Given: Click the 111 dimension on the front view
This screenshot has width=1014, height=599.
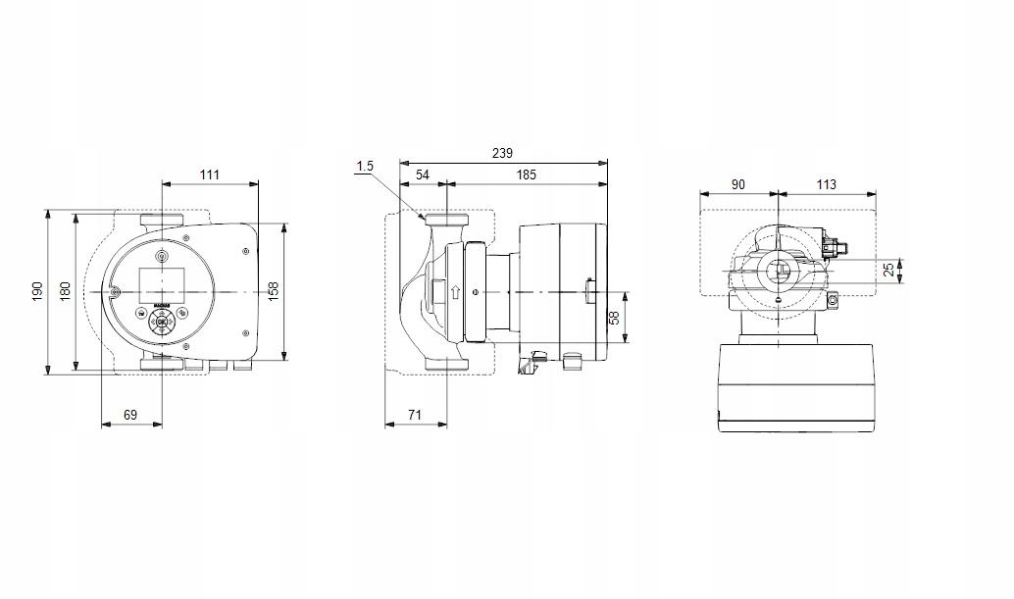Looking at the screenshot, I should pyautogui.click(x=210, y=175).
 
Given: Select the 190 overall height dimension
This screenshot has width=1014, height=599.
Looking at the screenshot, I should pyautogui.click(x=37, y=290).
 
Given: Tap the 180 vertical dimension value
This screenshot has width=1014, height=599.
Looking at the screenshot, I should pyautogui.click(x=66, y=290).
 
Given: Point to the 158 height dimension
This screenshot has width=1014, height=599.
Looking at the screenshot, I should pyautogui.click(x=274, y=290).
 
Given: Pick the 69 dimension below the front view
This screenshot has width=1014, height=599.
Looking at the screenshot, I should pyautogui.click(x=130, y=415).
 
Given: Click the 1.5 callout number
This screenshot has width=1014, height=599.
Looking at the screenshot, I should pyautogui.click(x=365, y=167).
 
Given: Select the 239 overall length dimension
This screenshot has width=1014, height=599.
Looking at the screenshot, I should pyautogui.click(x=501, y=153).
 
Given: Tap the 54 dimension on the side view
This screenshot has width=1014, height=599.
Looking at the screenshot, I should pyautogui.click(x=423, y=175).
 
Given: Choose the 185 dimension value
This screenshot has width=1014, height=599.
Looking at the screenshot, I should pyautogui.click(x=526, y=175).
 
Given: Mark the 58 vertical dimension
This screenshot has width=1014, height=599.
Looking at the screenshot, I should pyautogui.click(x=615, y=319).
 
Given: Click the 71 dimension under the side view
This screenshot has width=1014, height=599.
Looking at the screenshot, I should pyautogui.click(x=415, y=415).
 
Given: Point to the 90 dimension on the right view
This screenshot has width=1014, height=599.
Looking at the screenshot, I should pyautogui.click(x=737, y=184).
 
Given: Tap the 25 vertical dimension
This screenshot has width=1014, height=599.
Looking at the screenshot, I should pyautogui.click(x=889, y=270).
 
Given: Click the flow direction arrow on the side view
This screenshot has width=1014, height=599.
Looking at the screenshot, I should pyautogui.click(x=453, y=292).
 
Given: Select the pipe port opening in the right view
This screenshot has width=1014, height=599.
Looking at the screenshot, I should pyautogui.click(x=778, y=274).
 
